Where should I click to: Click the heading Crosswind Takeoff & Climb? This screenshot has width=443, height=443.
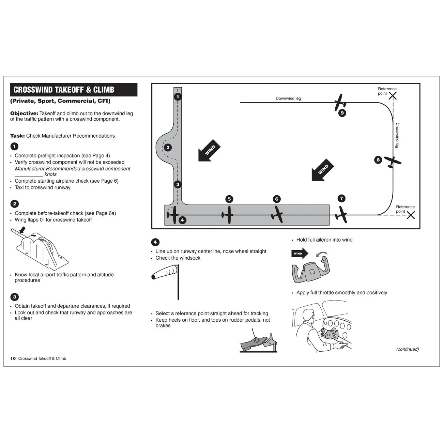click(64, 90)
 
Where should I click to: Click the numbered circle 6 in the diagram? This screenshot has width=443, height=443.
click(277, 199)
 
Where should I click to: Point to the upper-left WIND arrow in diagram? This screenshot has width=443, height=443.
click(209, 150)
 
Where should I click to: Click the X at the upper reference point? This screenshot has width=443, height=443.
click(393, 96)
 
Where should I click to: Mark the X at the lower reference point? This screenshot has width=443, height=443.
click(411, 215)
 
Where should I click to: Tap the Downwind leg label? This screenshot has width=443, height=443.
click(288, 98)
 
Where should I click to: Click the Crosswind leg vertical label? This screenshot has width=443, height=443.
click(397, 135)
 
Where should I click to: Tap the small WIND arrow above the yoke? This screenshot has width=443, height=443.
click(300, 254)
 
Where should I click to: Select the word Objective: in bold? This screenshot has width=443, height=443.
click(24, 113)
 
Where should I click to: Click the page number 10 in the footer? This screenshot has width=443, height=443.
click(13, 358)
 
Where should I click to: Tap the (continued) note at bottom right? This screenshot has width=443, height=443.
click(407, 349)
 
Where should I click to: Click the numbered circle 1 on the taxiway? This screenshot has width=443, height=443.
click(178, 97)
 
